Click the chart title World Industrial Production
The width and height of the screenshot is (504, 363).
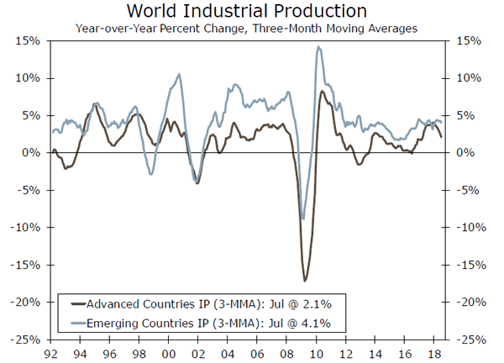click(x=246, y=11)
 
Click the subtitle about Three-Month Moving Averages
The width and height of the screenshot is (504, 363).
click(x=246, y=28)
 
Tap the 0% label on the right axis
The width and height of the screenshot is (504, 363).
click(x=468, y=153)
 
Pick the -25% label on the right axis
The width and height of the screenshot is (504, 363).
click(x=472, y=339)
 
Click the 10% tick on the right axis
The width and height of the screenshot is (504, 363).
click(x=470, y=78)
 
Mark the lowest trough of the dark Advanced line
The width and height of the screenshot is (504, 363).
click(x=305, y=281)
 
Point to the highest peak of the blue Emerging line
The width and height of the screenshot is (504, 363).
click(x=318, y=47)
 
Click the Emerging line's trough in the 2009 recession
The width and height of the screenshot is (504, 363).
click(x=302, y=218)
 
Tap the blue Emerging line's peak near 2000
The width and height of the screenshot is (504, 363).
click(x=179, y=75)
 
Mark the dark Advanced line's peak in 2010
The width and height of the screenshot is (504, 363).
click(x=323, y=91)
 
